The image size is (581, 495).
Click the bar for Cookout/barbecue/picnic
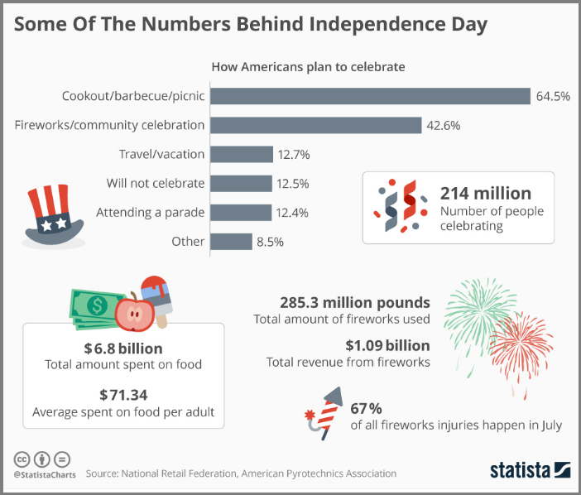[370, 96]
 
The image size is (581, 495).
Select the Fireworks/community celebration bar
[316, 125]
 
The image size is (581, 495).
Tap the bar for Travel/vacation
[242, 154]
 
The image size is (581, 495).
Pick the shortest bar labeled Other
[231, 242]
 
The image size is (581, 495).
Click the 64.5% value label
[553, 96]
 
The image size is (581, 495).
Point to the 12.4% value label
[292, 213]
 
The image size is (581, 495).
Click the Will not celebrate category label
[156, 183]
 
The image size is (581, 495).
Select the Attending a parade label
[150, 213]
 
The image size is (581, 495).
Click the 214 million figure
[486, 194]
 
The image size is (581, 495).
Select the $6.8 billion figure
[123, 348]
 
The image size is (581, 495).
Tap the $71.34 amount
[123, 394]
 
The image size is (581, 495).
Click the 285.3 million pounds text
[341, 302]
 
